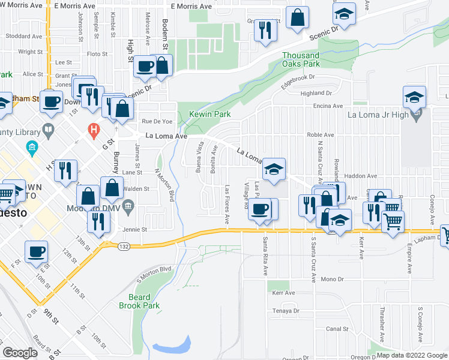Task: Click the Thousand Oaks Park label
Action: pos(301,59)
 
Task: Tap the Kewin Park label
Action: pos(210,114)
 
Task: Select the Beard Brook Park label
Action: pos(144,301)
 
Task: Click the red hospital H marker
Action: pos(93,129)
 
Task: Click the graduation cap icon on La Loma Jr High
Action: pos(414,97)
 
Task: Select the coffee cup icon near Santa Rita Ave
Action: pos(260,209)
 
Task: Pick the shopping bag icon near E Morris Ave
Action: pos(297,17)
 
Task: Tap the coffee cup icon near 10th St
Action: pos(36,251)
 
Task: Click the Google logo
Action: pos(20,353)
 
